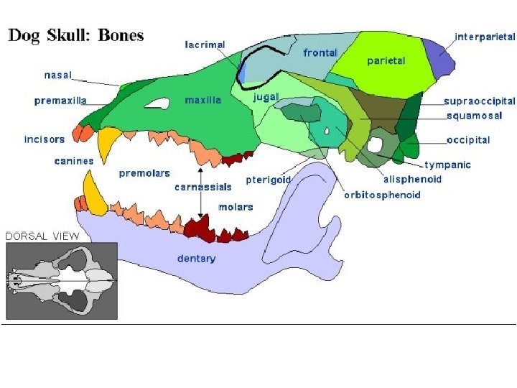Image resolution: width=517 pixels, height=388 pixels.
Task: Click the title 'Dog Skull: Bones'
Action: (75, 34)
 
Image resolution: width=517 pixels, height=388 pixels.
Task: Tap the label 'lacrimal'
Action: (205, 45)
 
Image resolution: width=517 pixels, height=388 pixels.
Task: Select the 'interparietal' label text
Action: (485, 36)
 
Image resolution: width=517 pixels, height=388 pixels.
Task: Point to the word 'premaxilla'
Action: (60, 101)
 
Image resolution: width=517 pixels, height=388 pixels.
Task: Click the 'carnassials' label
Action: (203, 187)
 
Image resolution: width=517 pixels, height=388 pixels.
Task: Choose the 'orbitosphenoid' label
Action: (382, 194)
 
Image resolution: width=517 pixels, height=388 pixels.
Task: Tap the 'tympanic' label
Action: (447, 165)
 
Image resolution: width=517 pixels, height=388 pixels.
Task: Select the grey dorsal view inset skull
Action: (62, 280)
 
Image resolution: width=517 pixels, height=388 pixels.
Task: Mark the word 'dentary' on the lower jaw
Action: (196, 259)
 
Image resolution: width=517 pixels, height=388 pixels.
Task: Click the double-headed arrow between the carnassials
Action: (200, 194)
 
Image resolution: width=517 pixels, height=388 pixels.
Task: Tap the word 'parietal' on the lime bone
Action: (386, 60)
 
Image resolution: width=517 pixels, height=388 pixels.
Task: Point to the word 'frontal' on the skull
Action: (320, 53)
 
